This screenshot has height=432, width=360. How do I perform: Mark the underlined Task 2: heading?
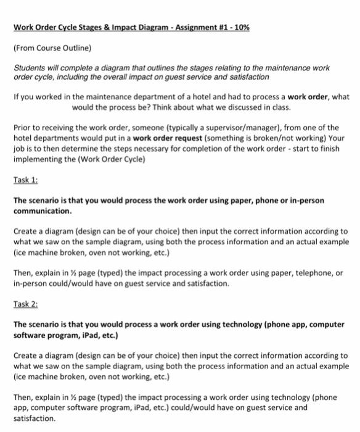(x=25, y=303)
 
